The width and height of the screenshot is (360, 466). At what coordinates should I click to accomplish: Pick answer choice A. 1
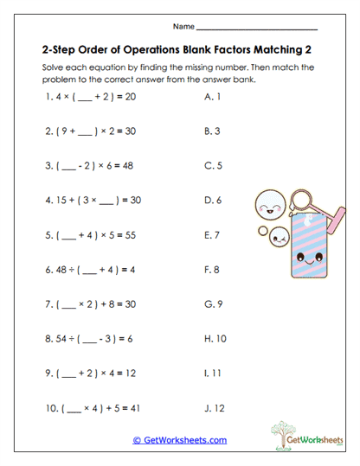[x=209, y=97]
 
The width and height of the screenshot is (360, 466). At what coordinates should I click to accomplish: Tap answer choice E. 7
[x=210, y=234]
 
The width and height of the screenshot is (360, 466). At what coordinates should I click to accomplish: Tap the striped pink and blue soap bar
[x=306, y=239]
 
